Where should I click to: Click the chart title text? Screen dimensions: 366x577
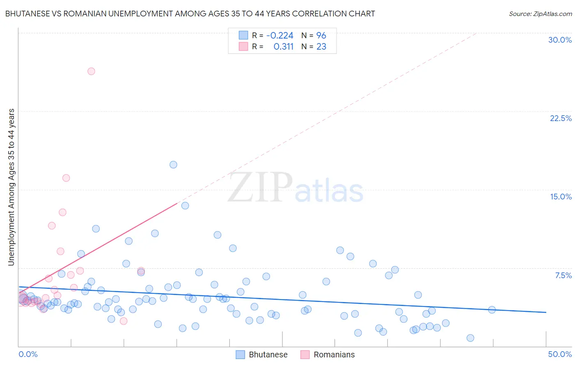[x=190, y=14]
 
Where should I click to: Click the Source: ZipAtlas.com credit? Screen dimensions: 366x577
[x=540, y=14]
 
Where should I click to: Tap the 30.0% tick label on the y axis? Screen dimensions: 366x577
[x=560, y=40]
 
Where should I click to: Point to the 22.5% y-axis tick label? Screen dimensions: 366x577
[x=561, y=118]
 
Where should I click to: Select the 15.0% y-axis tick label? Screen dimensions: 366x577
[x=561, y=197]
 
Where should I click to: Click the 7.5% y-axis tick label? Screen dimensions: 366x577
[x=563, y=275]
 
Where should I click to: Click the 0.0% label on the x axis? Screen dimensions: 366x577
[x=28, y=354]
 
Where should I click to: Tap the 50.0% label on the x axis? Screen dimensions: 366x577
[x=560, y=354]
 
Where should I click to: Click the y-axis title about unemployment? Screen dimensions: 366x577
[x=11, y=187]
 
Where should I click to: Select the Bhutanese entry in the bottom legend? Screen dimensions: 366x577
[x=268, y=355]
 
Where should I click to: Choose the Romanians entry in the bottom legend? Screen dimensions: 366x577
[x=334, y=355]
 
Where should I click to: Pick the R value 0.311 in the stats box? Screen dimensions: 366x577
[x=283, y=47]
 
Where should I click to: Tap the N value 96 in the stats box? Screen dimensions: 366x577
[x=321, y=36]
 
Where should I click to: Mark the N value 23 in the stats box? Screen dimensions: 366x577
[x=321, y=47]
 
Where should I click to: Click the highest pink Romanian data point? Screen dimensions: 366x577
[x=91, y=71]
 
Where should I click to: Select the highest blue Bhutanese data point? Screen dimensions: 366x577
[x=173, y=165]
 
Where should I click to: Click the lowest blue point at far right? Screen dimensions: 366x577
[x=470, y=338]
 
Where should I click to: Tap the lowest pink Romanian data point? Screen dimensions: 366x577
[x=124, y=321]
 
